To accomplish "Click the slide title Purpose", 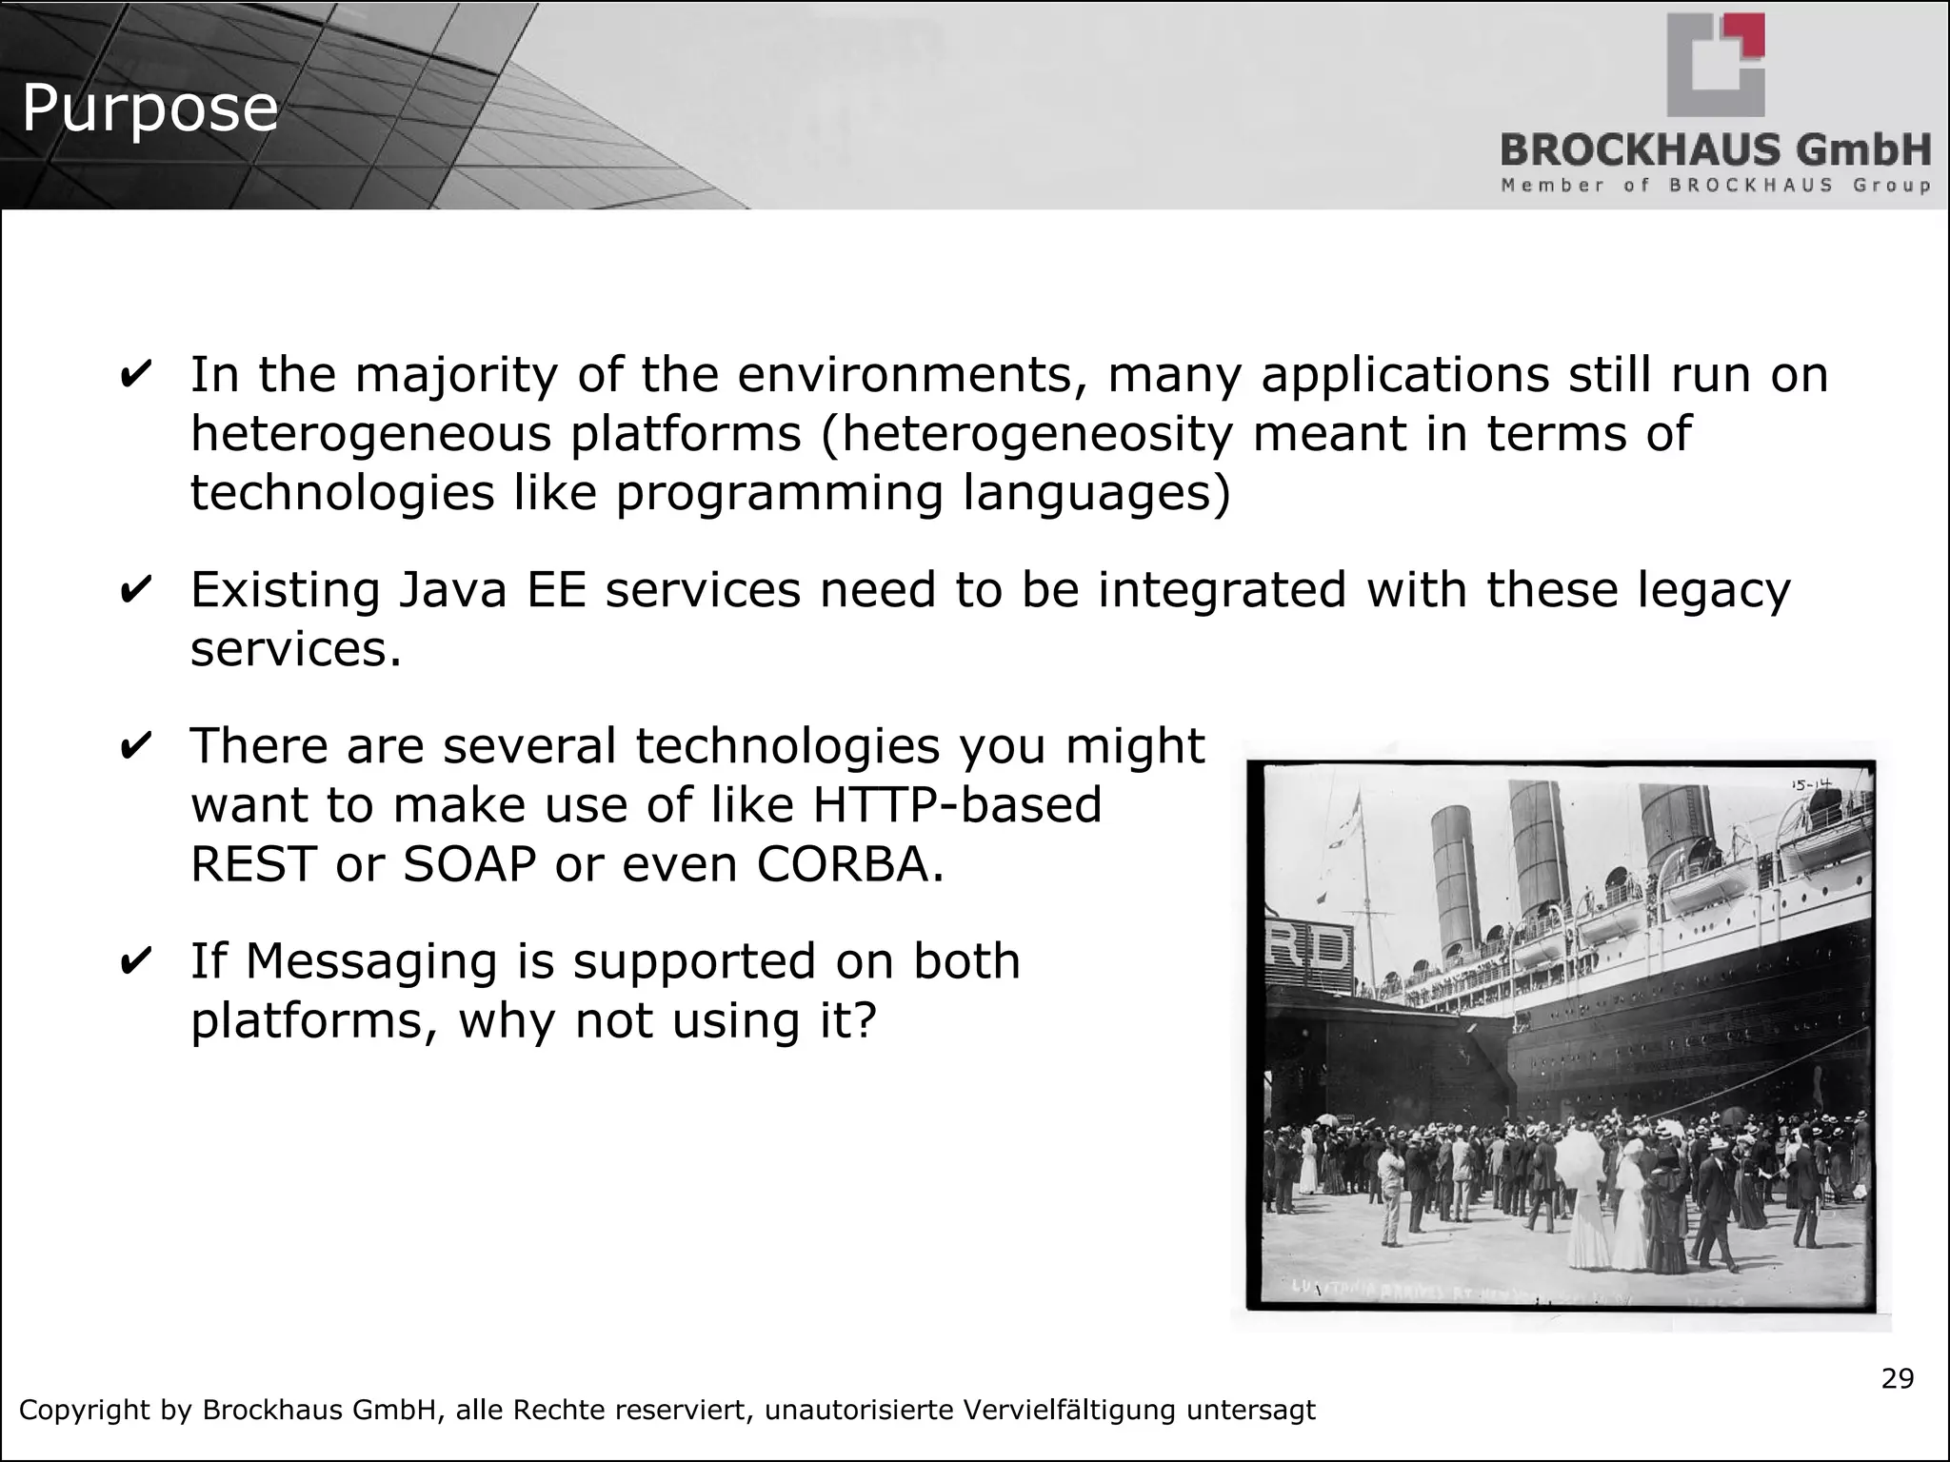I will tap(149, 108).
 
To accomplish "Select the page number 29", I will tap(1898, 1378).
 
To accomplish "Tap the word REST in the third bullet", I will tap(252, 864).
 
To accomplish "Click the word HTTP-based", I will tap(956, 805).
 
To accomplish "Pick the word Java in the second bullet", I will tap(452, 590).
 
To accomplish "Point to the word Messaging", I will tap(371, 961).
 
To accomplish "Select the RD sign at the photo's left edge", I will tap(1309, 953).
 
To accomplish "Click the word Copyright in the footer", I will tap(87, 1410).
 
